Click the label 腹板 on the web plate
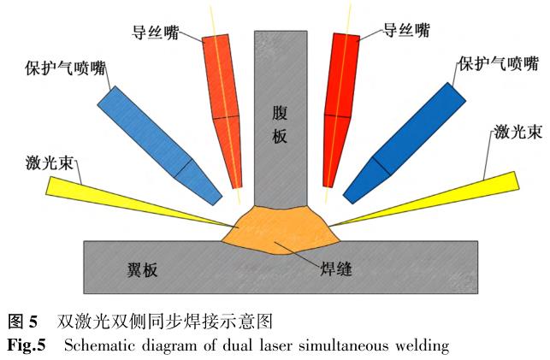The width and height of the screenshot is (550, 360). coord(279,125)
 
